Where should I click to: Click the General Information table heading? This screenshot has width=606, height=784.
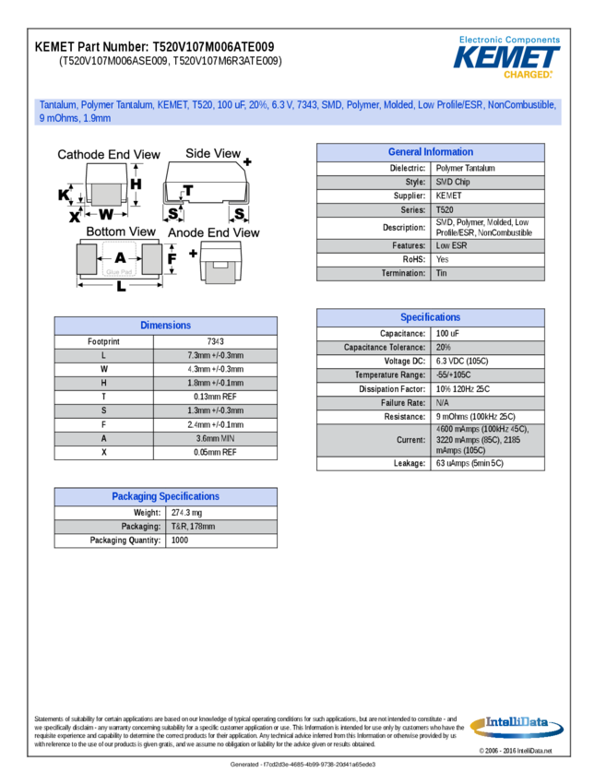point(430,152)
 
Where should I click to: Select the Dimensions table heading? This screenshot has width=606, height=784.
point(165,326)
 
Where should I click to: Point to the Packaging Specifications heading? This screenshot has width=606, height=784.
point(165,496)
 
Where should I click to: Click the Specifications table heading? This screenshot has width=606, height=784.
point(430,317)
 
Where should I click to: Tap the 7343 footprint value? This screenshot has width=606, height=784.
point(215,341)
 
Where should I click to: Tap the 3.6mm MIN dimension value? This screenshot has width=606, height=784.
point(215,438)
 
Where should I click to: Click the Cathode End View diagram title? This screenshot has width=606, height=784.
point(108,155)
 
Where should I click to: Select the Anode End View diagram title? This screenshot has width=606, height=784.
point(213,233)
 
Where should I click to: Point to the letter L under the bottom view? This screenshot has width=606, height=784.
point(121,287)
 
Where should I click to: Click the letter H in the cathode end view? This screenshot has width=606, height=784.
point(136,184)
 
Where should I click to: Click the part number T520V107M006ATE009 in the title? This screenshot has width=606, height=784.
point(213,46)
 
